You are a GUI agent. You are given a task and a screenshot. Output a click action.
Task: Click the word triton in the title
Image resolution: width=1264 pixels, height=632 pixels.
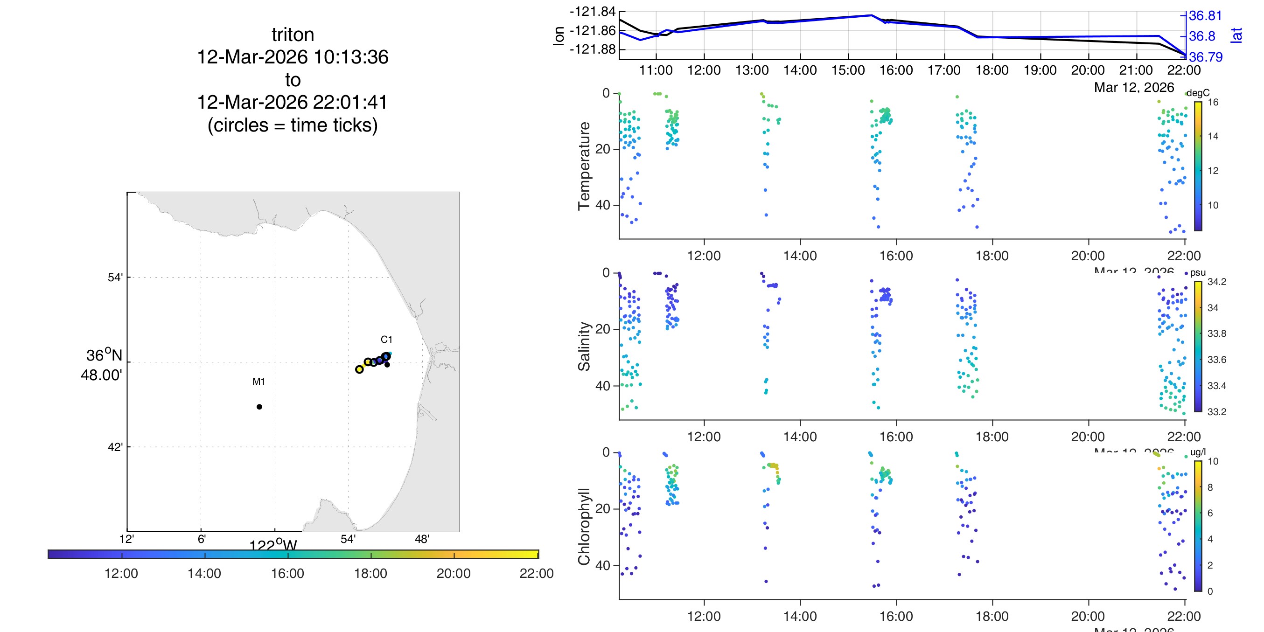(x=293, y=35)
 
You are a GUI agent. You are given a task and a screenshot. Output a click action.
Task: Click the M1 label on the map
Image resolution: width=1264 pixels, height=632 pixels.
(x=258, y=381)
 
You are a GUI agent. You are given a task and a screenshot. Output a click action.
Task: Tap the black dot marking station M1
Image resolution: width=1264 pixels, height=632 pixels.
(x=259, y=407)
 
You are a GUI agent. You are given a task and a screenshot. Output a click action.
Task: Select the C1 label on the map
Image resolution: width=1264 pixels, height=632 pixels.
(x=386, y=339)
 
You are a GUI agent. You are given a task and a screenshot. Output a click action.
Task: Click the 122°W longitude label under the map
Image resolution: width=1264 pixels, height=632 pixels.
(x=273, y=545)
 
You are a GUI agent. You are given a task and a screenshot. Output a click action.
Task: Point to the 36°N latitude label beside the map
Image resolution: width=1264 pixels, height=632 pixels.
(x=104, y=355)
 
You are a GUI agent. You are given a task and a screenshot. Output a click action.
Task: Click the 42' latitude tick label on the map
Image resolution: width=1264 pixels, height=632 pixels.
(x=115, y=447)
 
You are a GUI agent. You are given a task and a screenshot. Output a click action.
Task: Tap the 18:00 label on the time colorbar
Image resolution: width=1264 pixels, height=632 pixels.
(x=370, y=573)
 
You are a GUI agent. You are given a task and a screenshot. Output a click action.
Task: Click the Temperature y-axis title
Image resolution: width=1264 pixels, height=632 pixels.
(x=584, y=166)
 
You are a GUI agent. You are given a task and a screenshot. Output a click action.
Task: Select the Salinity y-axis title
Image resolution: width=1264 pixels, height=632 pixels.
(x=584, y=346)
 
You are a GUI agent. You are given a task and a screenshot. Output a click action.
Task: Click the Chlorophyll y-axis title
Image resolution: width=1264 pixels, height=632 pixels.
(x=584, y=527)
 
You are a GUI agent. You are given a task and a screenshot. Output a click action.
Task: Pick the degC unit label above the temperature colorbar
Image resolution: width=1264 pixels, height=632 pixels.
(x=1198, y=93)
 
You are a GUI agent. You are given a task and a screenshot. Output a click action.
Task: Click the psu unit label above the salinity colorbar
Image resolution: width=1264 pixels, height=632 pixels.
(x=1198, y=272)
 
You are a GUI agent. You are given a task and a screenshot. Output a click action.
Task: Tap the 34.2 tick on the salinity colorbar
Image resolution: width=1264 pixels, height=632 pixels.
(x=1216, y=282)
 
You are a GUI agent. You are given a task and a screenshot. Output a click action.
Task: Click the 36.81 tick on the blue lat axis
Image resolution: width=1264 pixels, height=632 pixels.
(x=1205, y=16)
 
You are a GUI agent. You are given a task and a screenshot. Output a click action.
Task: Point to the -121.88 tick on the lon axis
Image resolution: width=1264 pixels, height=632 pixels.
(x=592, y=49)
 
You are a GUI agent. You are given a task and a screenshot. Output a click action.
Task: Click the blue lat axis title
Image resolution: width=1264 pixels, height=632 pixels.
(x=1237, y=35)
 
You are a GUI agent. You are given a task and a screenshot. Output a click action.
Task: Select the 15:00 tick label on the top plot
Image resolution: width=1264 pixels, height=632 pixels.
(x=848, y=70)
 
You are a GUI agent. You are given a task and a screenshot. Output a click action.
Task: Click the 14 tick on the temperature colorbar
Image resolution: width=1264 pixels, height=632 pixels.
(x=1213, y=136)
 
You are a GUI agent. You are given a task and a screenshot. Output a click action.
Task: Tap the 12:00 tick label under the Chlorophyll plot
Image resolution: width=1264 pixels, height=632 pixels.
(x=704, y=616)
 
